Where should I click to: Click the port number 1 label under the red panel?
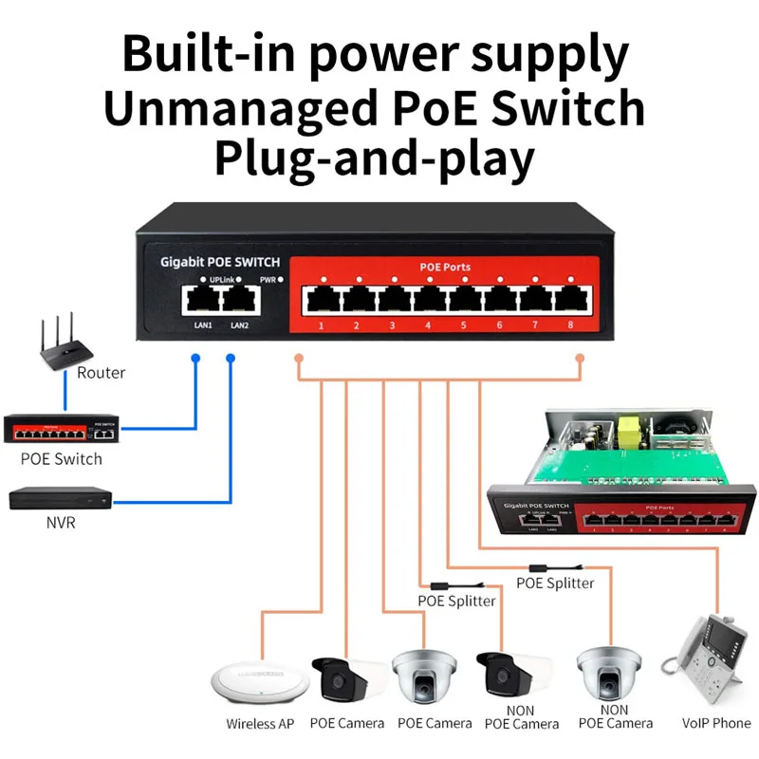point(322,327)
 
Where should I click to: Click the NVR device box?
point(60,497)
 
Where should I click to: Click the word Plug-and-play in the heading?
point(373,157)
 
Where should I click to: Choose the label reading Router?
point(101,373)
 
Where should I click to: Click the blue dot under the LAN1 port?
point(194,359)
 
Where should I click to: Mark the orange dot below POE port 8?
point(581,359)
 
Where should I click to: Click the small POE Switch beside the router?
point(60,429)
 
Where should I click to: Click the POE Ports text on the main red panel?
point(445,267)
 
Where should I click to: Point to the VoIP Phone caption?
point(716,723)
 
